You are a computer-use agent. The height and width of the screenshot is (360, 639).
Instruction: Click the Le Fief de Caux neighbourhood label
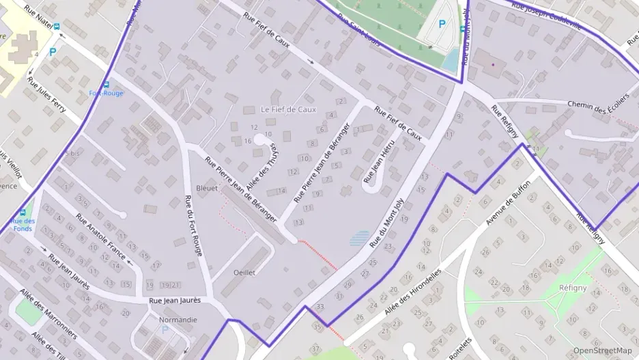click(288, 109)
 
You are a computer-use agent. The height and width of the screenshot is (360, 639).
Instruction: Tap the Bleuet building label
click(207, 188)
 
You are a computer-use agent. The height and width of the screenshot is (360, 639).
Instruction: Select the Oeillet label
click(244, 272)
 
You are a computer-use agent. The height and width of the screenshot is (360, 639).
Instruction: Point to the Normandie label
click(177, 319)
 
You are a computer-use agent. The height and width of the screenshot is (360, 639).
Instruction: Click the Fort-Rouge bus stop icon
click(106, 84)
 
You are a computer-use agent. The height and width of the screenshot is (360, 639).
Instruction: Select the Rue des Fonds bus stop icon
click(23, 212)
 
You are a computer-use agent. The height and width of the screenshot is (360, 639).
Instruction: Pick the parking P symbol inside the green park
click(442, 24)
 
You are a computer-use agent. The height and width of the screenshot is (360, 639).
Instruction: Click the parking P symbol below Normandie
click(163, 330)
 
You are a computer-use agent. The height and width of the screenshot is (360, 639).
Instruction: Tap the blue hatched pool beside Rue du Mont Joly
click(360, 238)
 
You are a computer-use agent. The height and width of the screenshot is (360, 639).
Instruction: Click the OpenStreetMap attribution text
click(602, 350)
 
